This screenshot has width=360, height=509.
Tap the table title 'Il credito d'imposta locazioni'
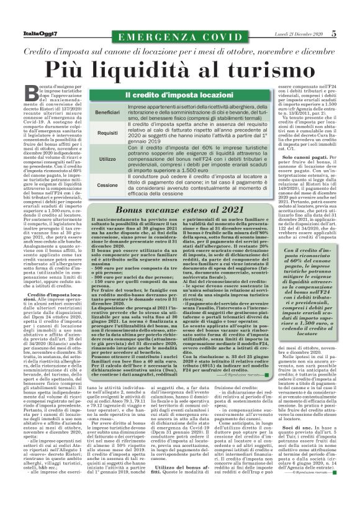pos(179,95)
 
